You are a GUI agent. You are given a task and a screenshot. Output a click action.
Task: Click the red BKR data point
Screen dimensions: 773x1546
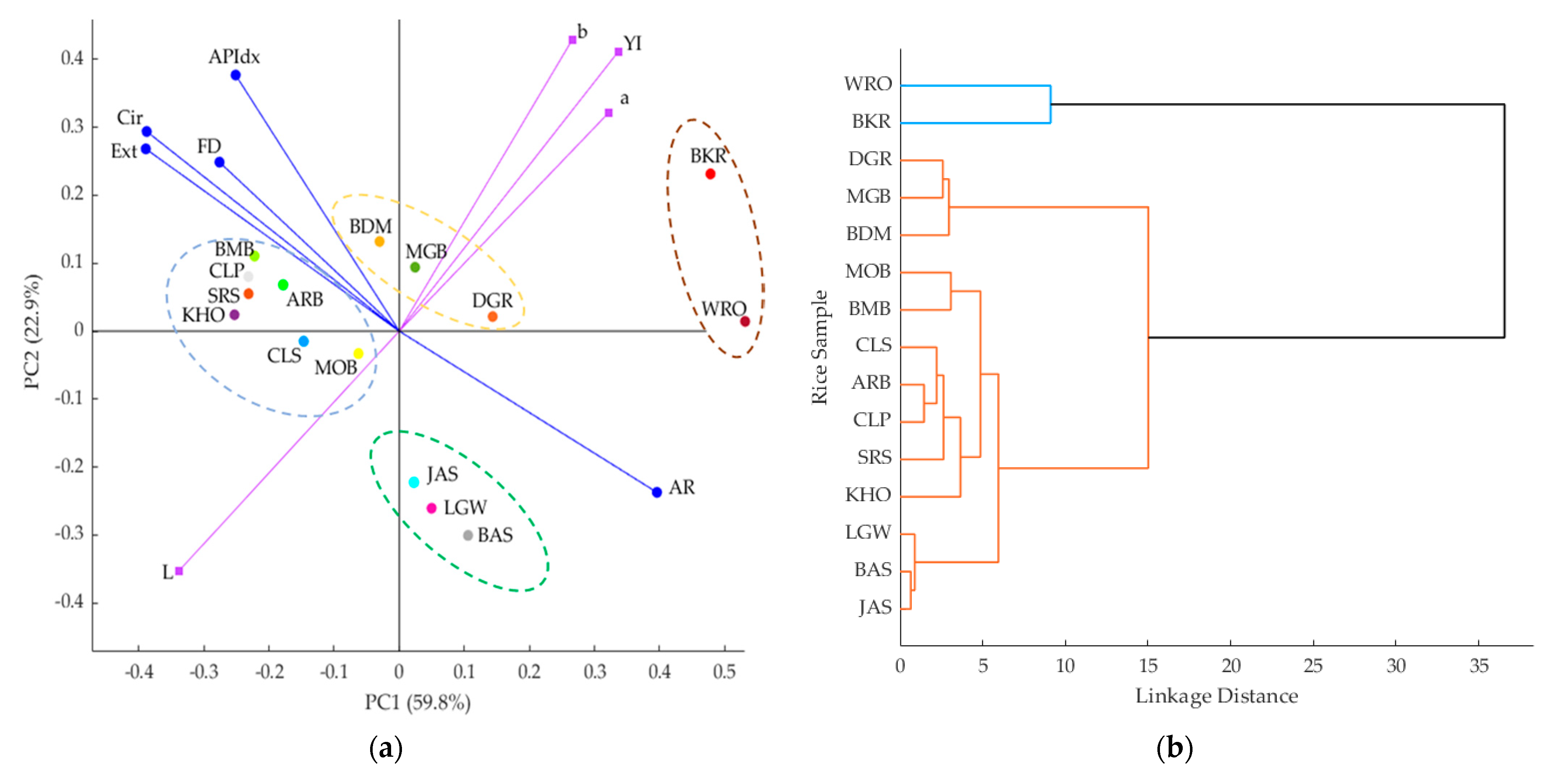click(x=710, y=174)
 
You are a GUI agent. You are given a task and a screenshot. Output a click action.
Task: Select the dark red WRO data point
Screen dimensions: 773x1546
click(x=745, y=322)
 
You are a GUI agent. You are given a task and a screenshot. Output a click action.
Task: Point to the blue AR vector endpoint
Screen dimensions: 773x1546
click(x=657, y=492)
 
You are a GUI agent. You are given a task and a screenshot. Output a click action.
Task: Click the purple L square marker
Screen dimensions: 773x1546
click(x=179, y=571)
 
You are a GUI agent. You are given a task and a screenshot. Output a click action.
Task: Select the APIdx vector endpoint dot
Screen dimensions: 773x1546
click(x=236, y=75)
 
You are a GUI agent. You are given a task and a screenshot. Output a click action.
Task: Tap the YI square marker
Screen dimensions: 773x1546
click(x=618, y=52)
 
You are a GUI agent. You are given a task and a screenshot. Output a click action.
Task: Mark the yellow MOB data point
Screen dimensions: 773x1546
click(x=358, y=353)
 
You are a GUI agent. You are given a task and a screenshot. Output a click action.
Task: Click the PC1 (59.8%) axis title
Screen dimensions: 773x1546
click(x=418, y=702)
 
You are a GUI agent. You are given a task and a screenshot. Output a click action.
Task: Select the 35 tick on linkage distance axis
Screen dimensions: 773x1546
click(x=1479, y=666)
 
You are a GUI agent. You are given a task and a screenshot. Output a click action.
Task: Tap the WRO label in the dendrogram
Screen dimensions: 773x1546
click(x=868, y=84)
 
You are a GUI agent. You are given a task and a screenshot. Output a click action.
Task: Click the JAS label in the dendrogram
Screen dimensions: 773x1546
click(x=875, y=607)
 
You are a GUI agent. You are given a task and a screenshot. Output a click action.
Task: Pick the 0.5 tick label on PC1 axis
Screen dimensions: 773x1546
click(x=724, y=671)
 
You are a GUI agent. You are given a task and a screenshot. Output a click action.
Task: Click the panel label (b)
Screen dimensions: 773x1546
click(x=1174, y=748)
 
